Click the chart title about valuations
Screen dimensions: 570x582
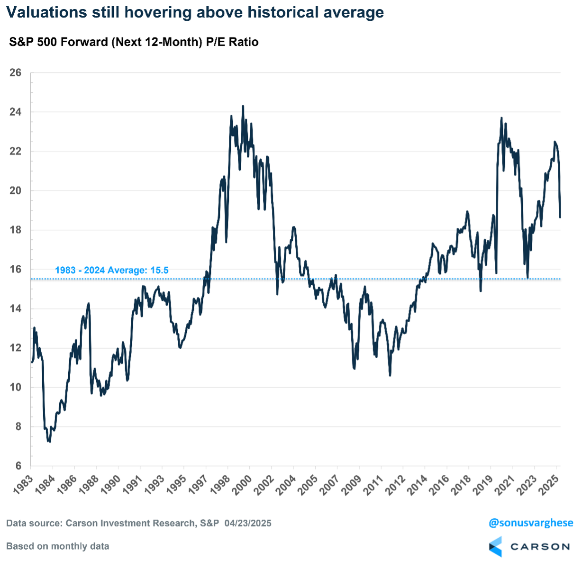point(195,12)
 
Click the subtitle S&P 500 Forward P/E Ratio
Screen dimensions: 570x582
point(134,42)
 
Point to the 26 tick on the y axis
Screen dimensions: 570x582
point(16,72)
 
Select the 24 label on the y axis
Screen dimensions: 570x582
point(16,112)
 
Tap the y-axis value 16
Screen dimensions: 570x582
point(16,269)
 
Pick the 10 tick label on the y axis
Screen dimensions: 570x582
point(16,387)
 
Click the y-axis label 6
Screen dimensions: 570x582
point(18,466)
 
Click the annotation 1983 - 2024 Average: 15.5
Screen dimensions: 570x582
point(112,270)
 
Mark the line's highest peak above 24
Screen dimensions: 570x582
point(243,107)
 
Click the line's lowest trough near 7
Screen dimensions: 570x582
point(49,442)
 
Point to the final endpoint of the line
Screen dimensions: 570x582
point(560,217)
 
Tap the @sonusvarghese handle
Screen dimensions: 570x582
point(531,523)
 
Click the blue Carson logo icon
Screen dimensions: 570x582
point(495,546)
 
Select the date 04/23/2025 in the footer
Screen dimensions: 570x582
point(248,523)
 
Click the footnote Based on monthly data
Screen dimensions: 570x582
point(58,546)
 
